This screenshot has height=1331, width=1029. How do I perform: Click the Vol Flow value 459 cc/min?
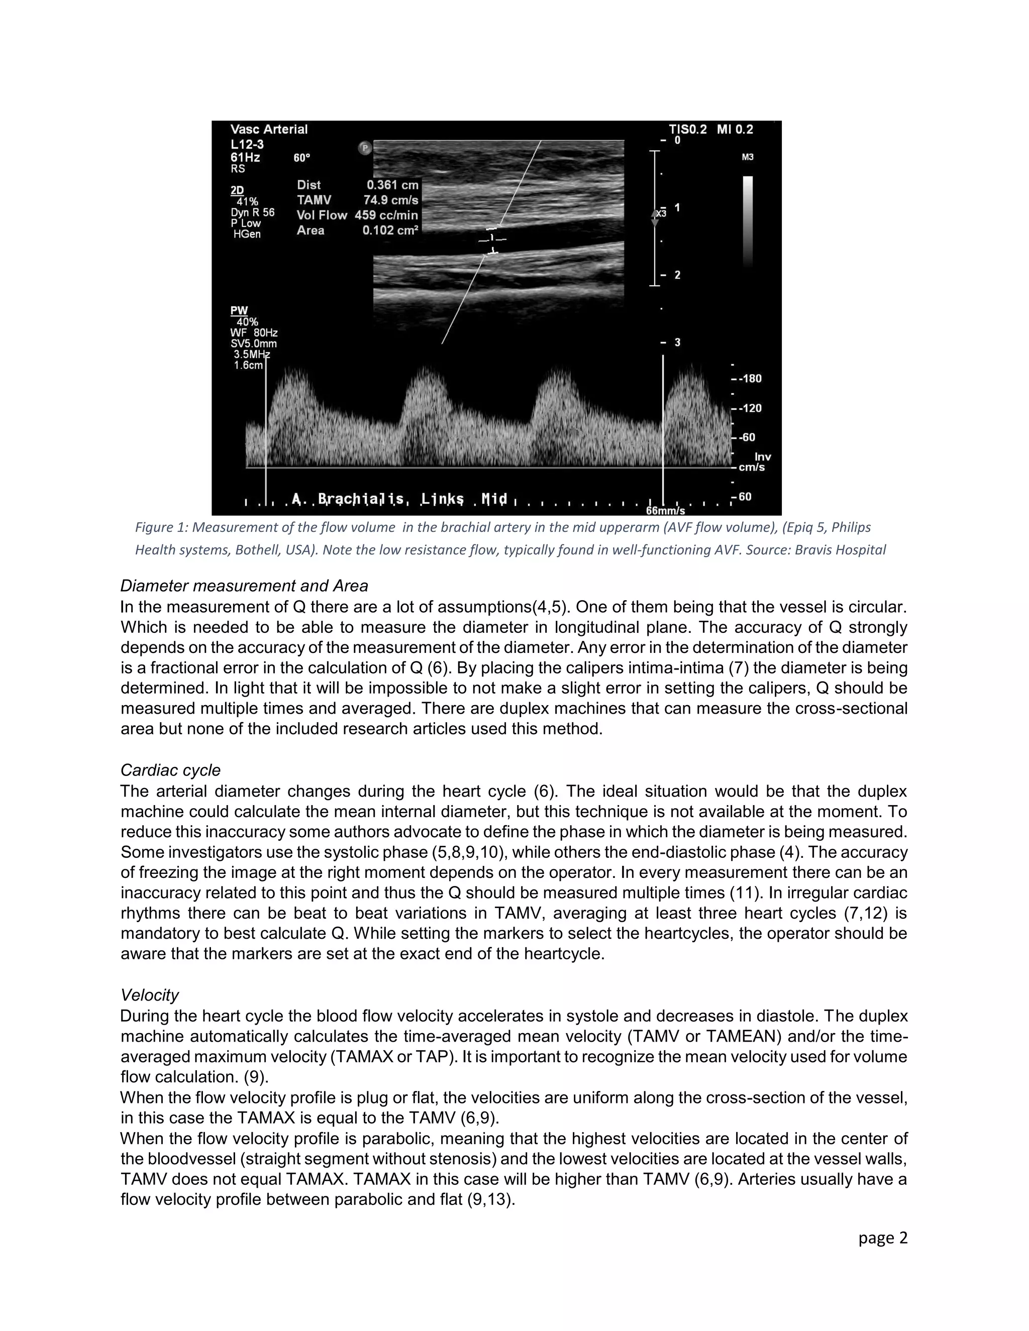(x=386, y=215)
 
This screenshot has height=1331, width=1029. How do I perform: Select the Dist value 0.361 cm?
(x=392, y=185)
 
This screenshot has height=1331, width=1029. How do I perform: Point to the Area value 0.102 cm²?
(x=390, y=231)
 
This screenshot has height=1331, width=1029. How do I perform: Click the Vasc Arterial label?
(x=269, y=129)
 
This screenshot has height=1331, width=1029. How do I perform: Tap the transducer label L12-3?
(x=247, y=145)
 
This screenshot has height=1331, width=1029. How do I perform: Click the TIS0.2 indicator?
(x=688, y=129)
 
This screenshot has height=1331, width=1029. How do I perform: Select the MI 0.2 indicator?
(x=735, y=129)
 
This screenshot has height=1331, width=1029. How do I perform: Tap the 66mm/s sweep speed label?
(x=665, y=511)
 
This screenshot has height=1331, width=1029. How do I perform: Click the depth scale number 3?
(x=677, y=343)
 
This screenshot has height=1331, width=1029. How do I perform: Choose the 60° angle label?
(x=302, y=158)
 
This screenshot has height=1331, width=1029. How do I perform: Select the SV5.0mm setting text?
(x=254, y=344)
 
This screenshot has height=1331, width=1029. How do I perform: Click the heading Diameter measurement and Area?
(x=244, y=586)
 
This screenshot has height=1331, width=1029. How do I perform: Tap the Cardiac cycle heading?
(x=171, y=770)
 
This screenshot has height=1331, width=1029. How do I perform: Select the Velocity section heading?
(x=149, y=995)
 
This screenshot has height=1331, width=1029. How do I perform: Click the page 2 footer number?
(x=883, y=1237)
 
